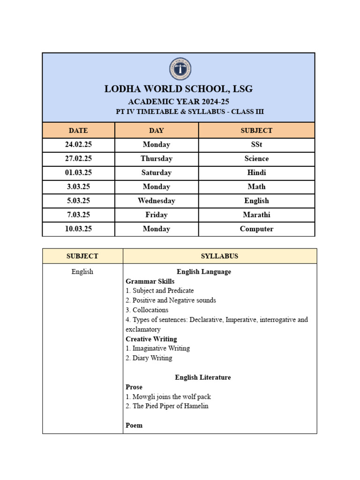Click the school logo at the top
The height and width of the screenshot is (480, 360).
point(180,69)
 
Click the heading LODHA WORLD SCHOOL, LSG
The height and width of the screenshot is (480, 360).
point(179,89)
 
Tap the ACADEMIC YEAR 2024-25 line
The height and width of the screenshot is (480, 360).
point(179,102)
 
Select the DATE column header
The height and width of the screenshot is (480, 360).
point(78,130)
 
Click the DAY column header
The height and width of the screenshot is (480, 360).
point(157,130)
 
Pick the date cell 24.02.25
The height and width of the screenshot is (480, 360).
point(78,145)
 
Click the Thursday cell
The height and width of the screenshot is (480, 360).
point(157,158)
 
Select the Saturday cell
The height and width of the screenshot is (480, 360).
point(157,172)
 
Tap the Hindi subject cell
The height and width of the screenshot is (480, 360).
point(256,172)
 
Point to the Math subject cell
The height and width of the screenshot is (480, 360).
point(256,187)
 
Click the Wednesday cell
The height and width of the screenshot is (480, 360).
point(157,201)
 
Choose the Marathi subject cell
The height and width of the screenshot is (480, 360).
point(256,215)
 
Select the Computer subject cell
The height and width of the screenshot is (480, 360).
point(256,229)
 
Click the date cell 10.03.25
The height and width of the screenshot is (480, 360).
point(78,229)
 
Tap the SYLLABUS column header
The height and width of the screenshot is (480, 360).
point(219,256)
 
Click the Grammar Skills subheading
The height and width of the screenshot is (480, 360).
point(150,281)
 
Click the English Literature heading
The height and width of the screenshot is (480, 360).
point(203,377)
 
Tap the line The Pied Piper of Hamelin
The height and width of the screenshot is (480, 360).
point(170,406)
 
